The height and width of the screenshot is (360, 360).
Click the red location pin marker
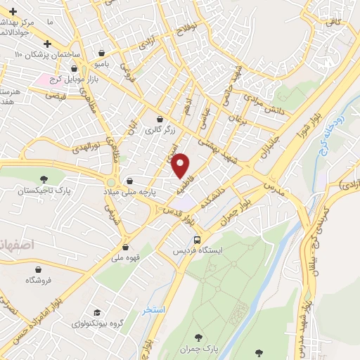pyautogui.click(x=181, y=165)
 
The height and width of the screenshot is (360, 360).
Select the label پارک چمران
pyautogui.click(x=195, y=349)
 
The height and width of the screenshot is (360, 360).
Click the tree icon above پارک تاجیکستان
pyautogui.click(x=45, y=179)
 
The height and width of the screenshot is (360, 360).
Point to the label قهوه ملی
pyautogui.click(x=124, y=257)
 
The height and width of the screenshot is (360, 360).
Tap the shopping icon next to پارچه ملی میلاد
pyautogui.click(x=129, y=180)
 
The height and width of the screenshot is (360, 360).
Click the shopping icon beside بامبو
pyautogui.click(x=103, y=53)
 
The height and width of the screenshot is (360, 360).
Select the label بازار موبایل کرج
pyautogui.click(x=71, y=79)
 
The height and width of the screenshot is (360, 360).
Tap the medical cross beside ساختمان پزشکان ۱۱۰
pyautogui.click(x=48, y=43)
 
